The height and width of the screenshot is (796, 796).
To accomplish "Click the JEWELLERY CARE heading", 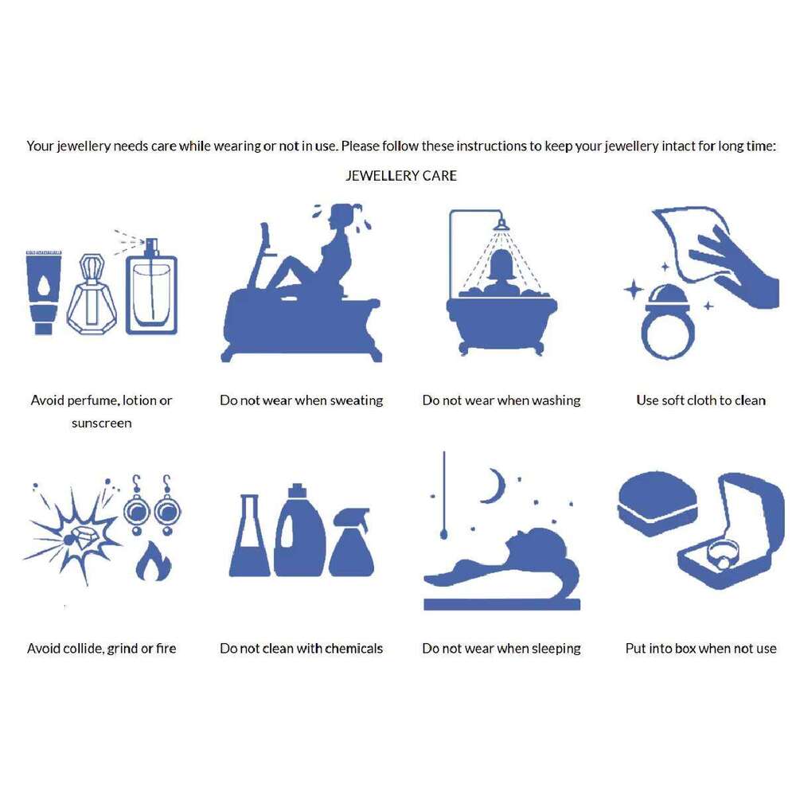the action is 401,176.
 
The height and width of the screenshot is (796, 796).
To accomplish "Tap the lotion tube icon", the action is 44,292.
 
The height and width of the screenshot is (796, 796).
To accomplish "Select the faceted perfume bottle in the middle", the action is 92,295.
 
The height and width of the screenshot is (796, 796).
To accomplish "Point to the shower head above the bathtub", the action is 501,224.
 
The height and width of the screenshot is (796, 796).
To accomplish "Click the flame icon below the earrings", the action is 154,561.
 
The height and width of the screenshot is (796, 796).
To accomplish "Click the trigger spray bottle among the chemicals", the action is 351,542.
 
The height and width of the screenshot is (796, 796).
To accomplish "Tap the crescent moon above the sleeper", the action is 494,486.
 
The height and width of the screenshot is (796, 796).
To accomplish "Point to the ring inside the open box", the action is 723,554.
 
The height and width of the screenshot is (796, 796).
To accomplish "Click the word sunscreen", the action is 102,423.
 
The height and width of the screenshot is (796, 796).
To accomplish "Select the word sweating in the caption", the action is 357,401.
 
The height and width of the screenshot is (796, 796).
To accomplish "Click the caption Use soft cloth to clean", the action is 700,400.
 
